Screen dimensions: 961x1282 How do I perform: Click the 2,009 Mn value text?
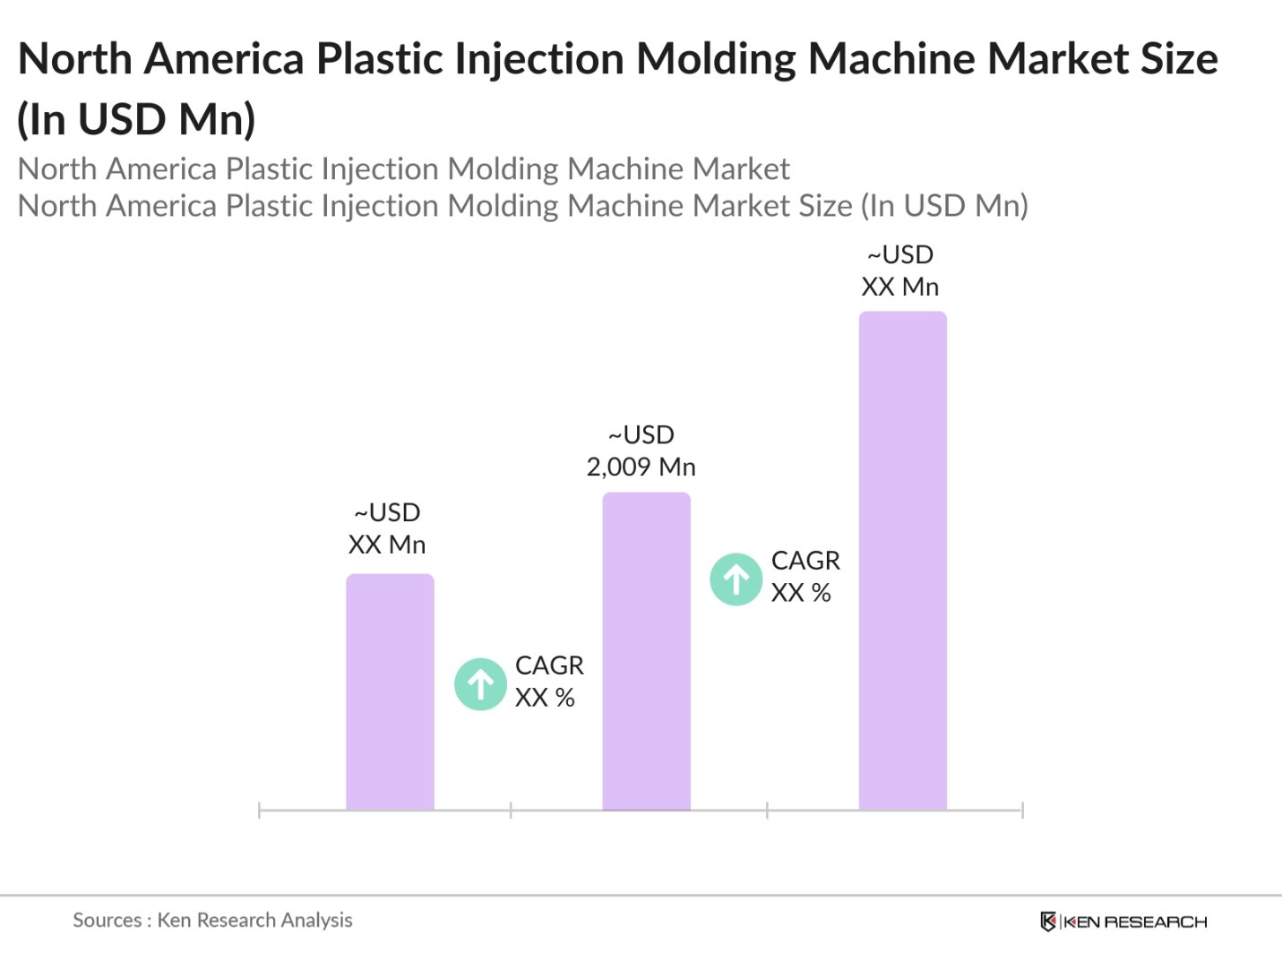pyautogui.click(x=641, y=467)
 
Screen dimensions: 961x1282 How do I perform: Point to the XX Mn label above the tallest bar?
pyautogui.click(x=899, y=287)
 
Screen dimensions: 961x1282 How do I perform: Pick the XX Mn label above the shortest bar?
pyautogui.click(x=386, y=545)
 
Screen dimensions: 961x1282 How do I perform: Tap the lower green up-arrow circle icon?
pyautogui.click(x=480, y=684)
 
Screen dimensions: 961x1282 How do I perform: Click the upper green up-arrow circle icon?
pyautogui.click(x=736, y=579)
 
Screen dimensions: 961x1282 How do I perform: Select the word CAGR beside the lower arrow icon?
pyautogui.click(x=549, y=665)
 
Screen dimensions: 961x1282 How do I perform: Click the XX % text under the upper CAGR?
pyautogui.click(x=801, y=593)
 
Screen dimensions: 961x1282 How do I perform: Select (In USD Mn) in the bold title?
pyautogui.click(x=137, y=119)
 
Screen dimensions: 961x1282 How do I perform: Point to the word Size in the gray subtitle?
pyautogui.click(x=825, y=206)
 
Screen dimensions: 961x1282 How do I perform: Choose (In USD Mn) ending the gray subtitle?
pyautogui.click(x=944, y=206)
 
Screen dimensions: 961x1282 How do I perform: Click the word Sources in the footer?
pyautogui.click(x=107, y=920)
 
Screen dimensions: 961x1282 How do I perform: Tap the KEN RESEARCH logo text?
pyautogui.click(x=1135, y=922)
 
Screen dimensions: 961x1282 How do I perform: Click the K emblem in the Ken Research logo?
pyautogui.click(x=1047, y=922)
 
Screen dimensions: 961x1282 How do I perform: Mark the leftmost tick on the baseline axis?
pyautogui.click(x=259, y=811)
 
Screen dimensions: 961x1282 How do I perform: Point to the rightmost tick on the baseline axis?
pyautogui.click(x=1022, y=811)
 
